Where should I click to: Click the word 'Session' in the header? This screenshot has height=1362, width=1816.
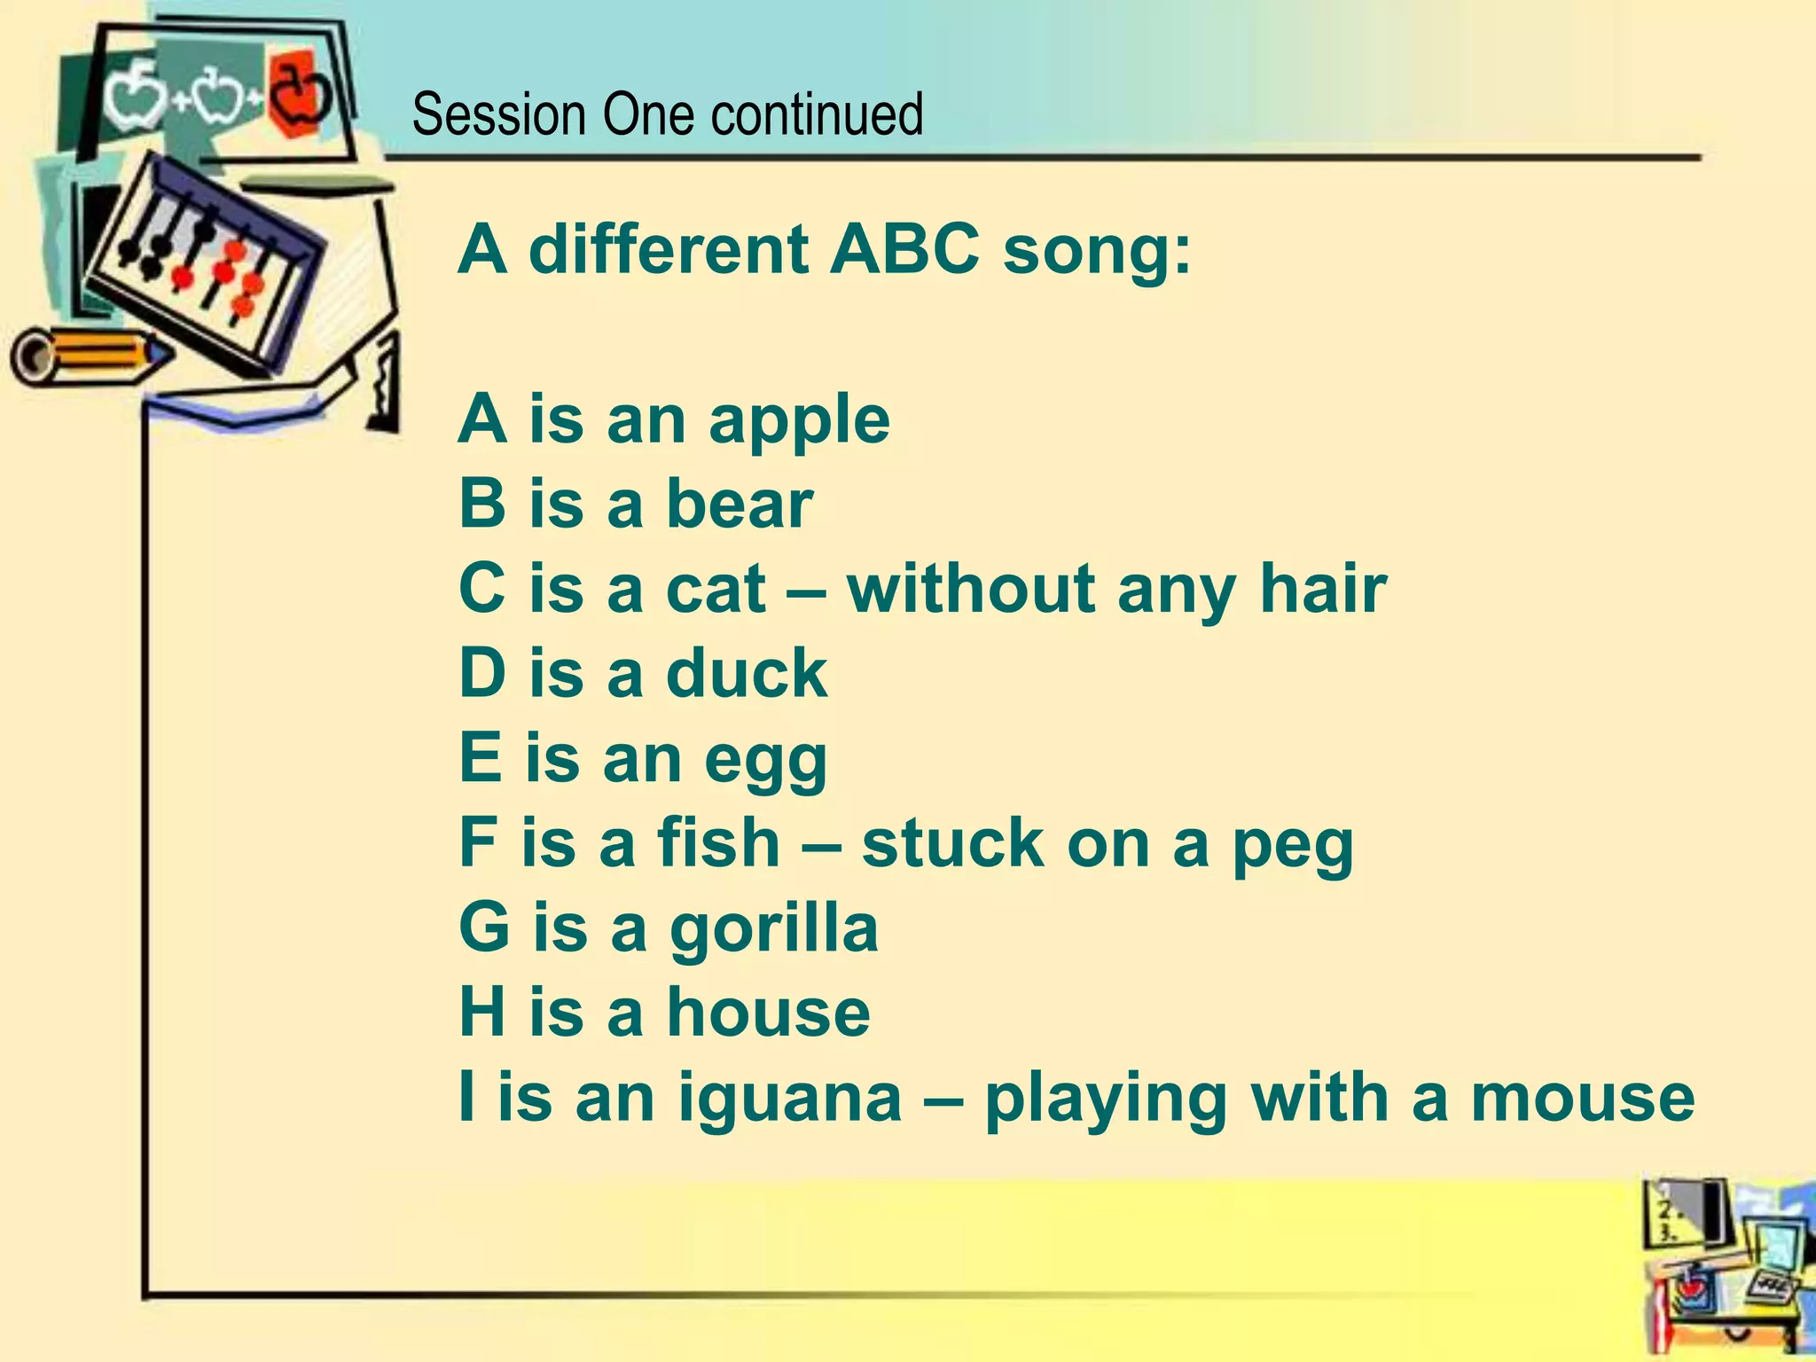[x=499, y=115]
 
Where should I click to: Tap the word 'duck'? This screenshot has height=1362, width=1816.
[x=746, y=673]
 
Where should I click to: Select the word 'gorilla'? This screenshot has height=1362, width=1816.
[x=773, y=929]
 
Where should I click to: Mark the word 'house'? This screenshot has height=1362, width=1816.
[x=768, y=1013]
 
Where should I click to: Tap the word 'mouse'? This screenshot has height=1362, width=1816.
[x=1583, y=1098]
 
